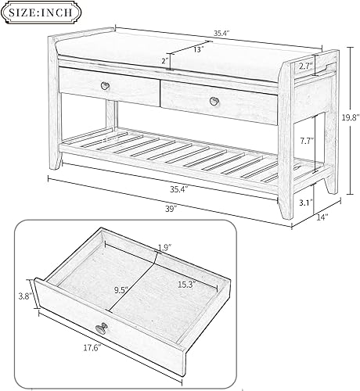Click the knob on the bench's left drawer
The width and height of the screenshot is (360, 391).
tap(106, 84)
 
